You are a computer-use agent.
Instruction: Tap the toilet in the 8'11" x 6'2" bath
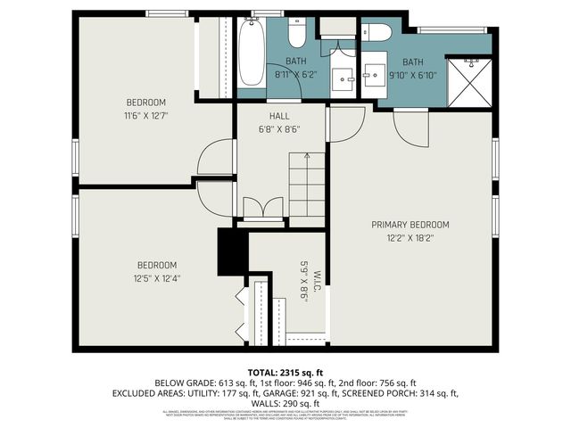pyautogui.click(x=298, y=33)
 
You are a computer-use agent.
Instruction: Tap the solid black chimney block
pyautogui.click(x=231, y=253)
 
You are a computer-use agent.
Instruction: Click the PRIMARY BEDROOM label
pyautogui.click(x=410, y=225)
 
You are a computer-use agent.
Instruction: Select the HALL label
pyautogui.click(x=280, y=116)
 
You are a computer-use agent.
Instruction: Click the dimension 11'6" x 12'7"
pyautogui.click(x=147, y=115)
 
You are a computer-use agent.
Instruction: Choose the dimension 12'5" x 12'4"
pyautogui.click(x=156, y=278)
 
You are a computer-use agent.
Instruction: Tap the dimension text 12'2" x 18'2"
pyautogui.click(x=410, y=238)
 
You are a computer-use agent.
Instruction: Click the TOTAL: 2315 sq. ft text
pyautogui.click(x=285, y=371)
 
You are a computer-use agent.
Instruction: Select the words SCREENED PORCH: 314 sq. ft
pyautogui.click(x=406, y=392)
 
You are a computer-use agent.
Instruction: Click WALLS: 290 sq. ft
pyautogui.click(x=285, y=403)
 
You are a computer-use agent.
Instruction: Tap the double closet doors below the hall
pyautogui.click(x=262, y=209)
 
